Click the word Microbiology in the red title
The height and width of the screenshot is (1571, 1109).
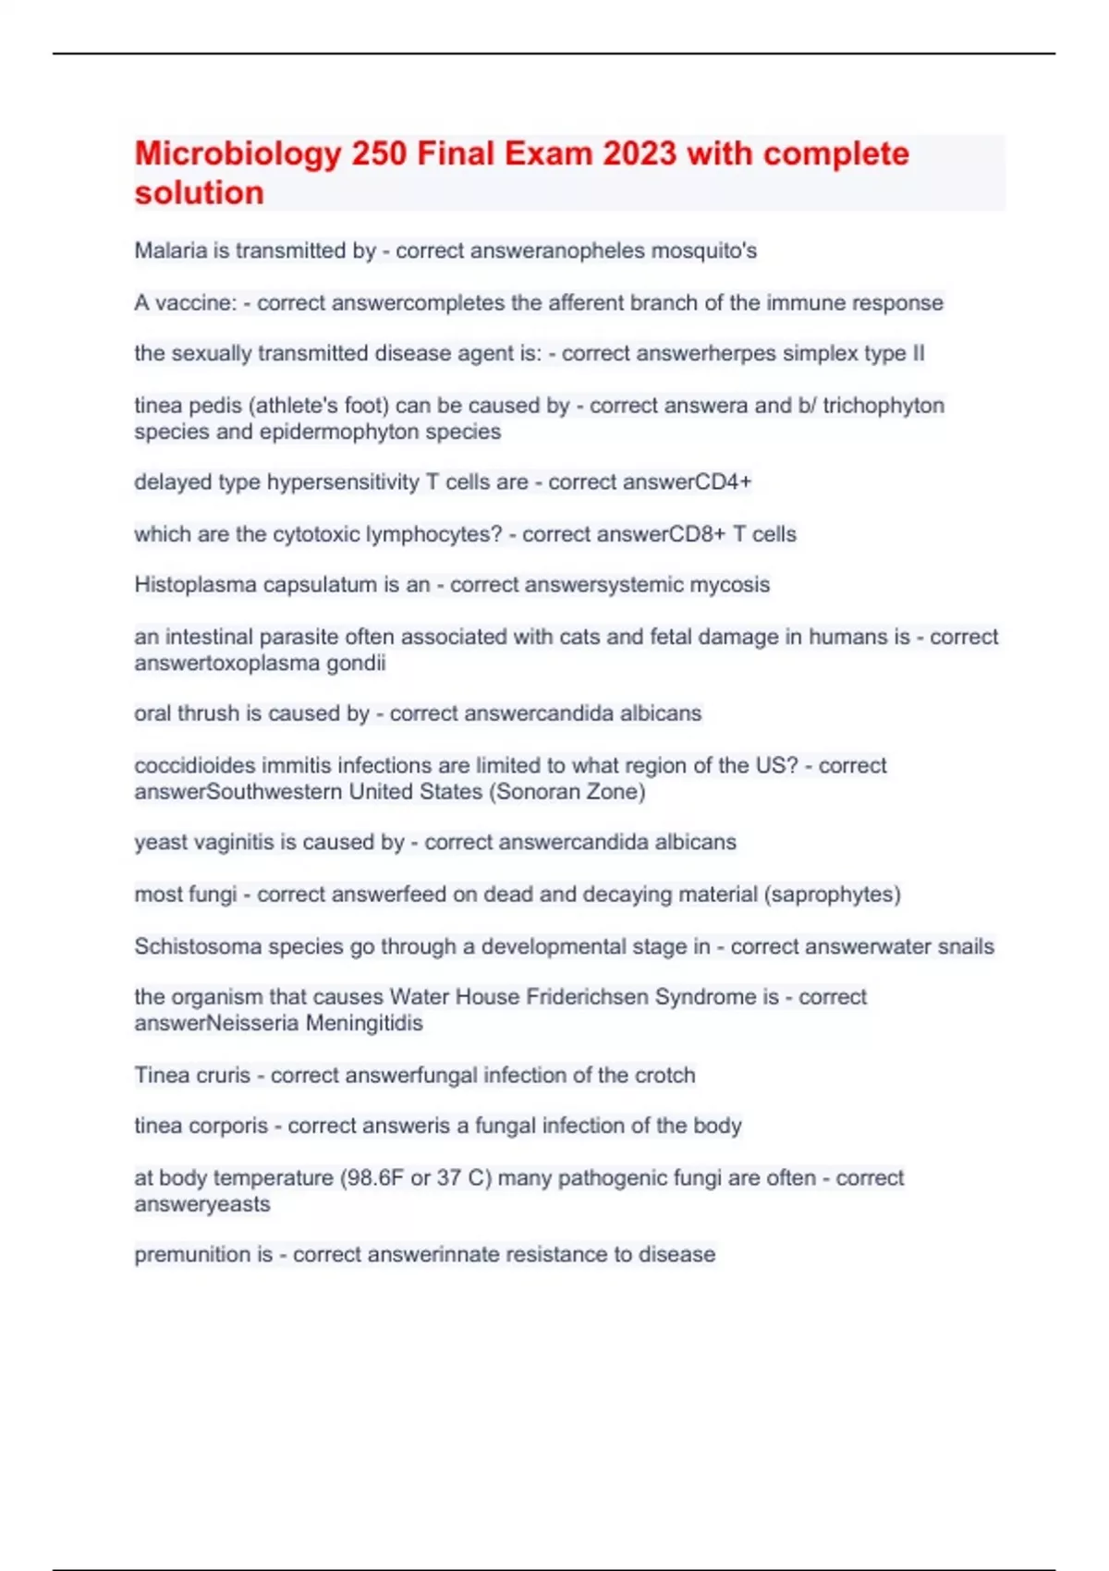238,153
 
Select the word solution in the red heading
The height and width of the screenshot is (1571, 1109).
199,193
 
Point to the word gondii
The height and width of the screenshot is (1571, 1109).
356,663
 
